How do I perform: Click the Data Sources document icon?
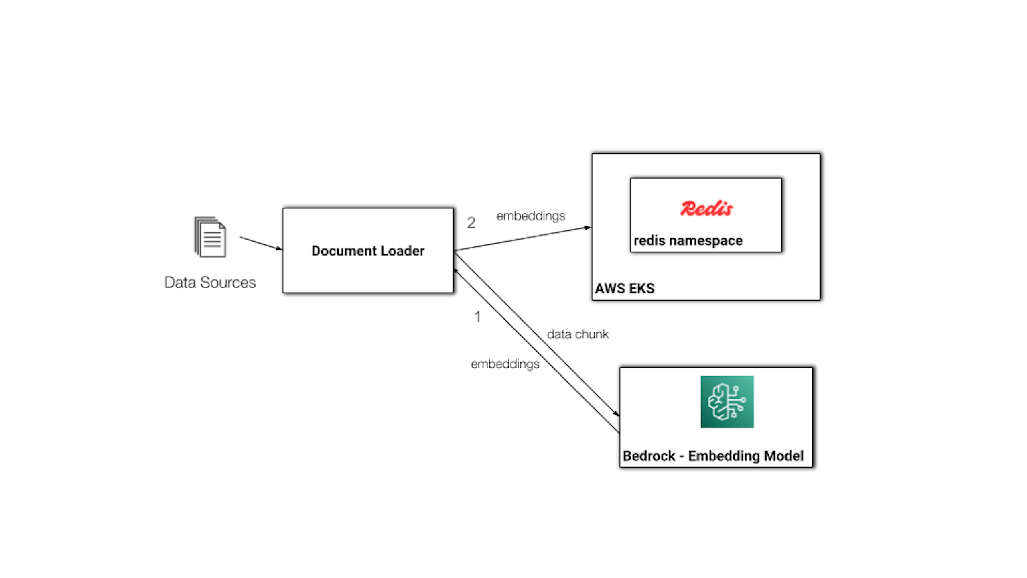tap(210, 237)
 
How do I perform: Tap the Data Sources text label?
tap(210, 283)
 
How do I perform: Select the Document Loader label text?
tap(368, 251)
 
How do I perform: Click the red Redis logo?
tap(706, 208)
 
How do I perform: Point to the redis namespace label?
tap(688, 241)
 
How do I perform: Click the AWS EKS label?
tap(625, 288)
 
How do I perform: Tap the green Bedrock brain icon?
tap(727, 402)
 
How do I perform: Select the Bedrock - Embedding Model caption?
tap(713, 456)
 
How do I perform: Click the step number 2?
tap(471, 223)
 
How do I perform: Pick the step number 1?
tap(477, 317)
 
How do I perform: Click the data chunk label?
tap(578, 334)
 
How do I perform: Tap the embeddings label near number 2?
tap(531, 216)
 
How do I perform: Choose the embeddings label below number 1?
tap(505, 364)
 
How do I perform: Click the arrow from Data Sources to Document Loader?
tap(261, 244)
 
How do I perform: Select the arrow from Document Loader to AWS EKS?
tap(522, 239)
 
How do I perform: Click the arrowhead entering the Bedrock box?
tap(617, 413)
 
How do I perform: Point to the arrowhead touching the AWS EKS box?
tap(588, 228)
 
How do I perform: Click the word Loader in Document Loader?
tap(402, 251)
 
